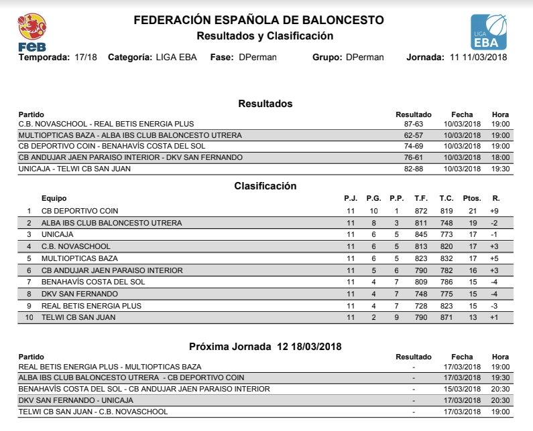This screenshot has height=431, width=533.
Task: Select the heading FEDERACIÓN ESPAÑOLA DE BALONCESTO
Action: (259, 20)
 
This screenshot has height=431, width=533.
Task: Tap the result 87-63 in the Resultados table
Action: (413, 124)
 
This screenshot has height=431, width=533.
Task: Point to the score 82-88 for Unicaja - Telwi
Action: (413, 169)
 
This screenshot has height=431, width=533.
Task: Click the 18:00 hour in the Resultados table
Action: (500, 157)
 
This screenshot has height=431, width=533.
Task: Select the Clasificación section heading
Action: (265, 185)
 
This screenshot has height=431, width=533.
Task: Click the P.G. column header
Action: (373, 198)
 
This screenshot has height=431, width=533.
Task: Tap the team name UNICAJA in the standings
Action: (58, 234)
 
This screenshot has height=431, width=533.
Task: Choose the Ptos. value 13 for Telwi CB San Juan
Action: (473, 317)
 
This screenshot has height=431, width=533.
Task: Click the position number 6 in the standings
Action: (29, 270)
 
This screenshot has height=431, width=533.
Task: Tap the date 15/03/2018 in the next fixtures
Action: (462, 389)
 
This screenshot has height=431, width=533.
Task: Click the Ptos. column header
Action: (472, 198)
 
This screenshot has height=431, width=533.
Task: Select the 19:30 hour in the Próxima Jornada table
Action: (500, 377)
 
